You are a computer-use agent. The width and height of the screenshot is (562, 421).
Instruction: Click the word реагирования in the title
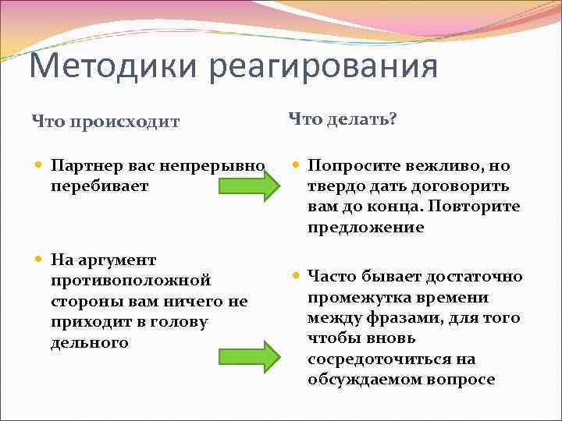click(x=323, y=65)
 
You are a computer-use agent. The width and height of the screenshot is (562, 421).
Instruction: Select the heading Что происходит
click(x=105, y=122)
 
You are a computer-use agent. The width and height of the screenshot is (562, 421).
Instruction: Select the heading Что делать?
click(x=343, y=119)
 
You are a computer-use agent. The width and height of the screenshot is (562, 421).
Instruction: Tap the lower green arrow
click(x=248, y=356)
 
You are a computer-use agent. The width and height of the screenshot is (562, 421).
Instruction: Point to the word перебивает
click(x=98, y=187)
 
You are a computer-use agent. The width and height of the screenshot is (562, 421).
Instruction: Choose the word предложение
click(x=365, y=228)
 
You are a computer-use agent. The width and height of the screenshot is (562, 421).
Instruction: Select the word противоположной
click(x=130, y=280)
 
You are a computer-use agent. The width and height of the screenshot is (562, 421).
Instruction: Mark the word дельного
click(x=89, y=342)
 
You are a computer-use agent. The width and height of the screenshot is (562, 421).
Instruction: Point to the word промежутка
click(x=354, y=297)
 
